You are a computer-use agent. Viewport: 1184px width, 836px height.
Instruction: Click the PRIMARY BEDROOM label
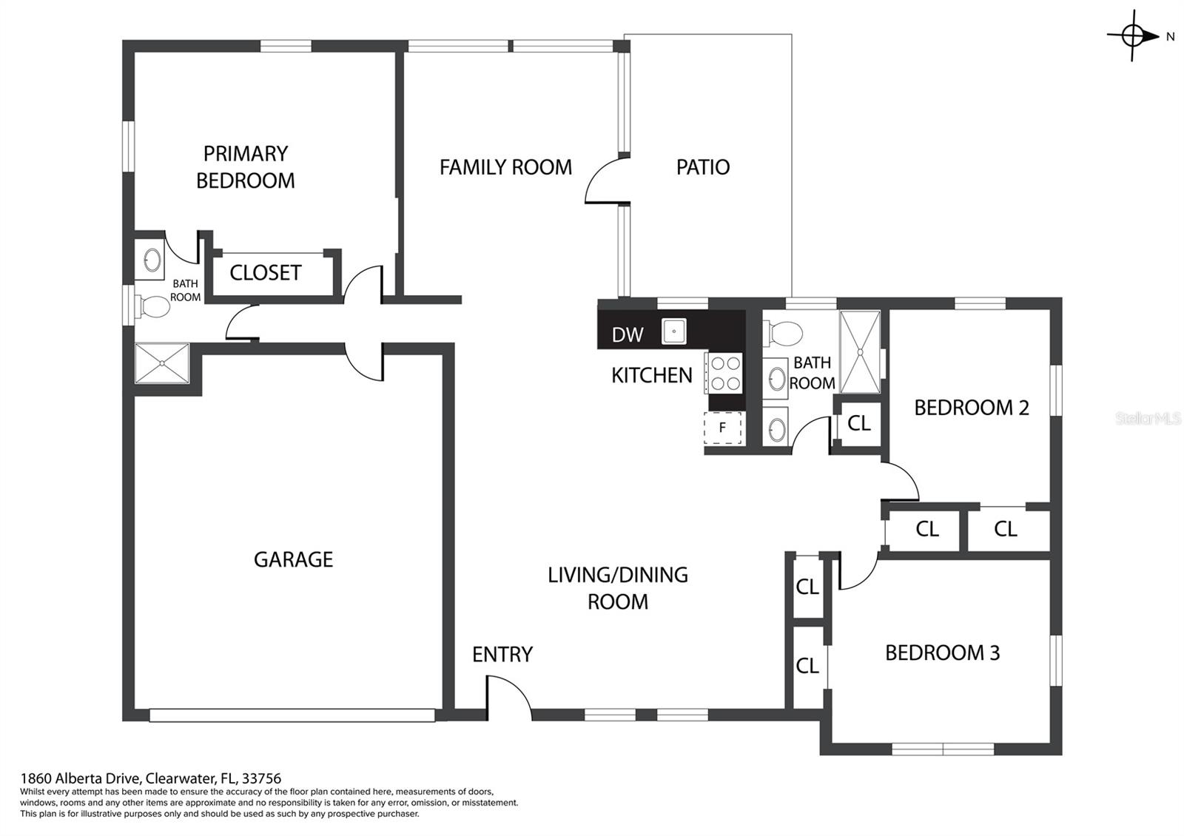(x=245, y=167)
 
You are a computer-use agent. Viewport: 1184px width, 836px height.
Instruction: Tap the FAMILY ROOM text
(x=506, y=167)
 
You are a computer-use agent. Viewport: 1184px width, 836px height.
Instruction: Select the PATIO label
(x=703, y=167)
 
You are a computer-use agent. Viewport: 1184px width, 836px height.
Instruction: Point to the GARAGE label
(x=293, y=559)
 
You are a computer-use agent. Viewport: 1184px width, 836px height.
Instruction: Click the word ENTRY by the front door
(x=502, y=655)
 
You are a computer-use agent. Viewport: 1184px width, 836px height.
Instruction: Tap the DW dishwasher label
(x=628, y=334)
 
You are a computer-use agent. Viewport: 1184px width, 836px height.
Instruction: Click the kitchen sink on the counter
(x=674, y=331)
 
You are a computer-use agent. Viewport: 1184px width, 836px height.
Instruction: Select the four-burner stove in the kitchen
(x=723, y=373)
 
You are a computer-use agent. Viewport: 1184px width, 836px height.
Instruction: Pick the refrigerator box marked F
(x=722, y=428)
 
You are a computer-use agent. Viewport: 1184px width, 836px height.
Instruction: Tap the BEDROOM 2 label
(x=972, y=408)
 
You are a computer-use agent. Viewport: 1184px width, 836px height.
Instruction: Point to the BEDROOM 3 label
(x=943, y=653)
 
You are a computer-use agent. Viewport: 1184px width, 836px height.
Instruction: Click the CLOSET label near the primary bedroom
(x=266, y=273)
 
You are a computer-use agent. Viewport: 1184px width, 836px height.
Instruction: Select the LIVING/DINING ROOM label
(x=617, y=588)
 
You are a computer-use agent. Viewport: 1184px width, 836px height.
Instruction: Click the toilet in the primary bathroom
(x=152, y=306)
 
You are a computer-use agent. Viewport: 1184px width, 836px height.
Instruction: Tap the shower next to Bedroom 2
(x=860, y=352)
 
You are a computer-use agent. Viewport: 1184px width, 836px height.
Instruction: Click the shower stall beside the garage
(x=162, y=363)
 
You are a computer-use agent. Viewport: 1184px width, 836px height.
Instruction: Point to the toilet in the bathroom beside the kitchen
(x=783, y=333)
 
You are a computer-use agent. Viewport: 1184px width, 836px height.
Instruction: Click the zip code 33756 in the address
(x=261, y=778)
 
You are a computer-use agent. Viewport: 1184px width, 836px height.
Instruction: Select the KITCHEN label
(x=652, y=376)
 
